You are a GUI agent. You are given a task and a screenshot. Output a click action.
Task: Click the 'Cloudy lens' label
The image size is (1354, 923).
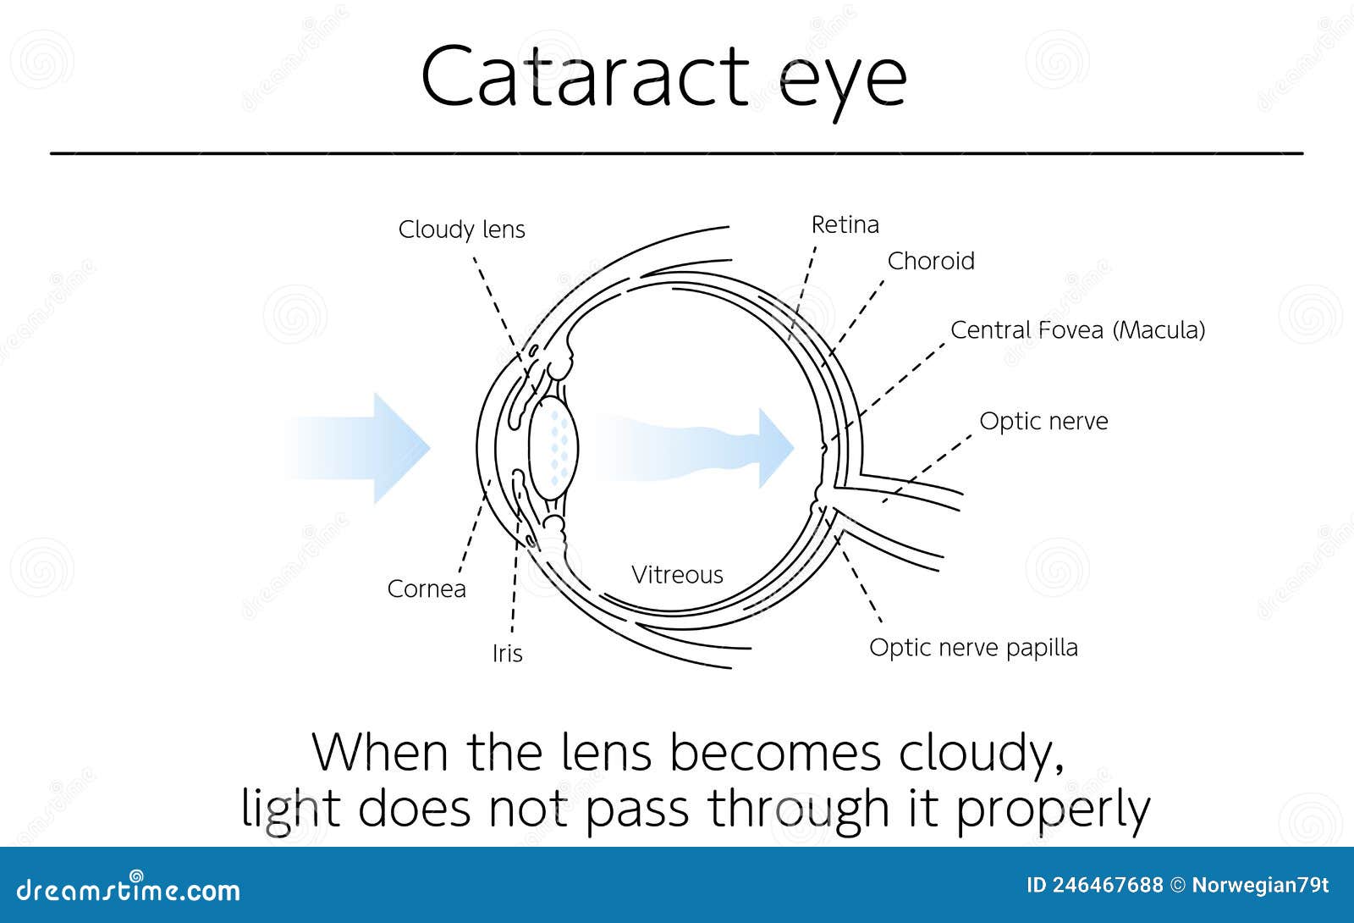(461, 229)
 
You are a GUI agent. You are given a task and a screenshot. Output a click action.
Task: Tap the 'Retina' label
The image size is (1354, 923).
(845, 224)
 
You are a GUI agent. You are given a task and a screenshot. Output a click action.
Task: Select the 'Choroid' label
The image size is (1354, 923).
(931, 261)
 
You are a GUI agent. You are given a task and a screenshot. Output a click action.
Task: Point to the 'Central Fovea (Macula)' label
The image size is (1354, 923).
(1077, 330)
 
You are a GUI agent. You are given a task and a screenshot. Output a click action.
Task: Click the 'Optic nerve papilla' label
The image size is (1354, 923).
(973, 648)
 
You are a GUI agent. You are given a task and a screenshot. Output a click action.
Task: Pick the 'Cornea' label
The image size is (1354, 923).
(427, 589)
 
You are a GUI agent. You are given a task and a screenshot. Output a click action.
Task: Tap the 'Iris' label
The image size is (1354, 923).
(508, 654)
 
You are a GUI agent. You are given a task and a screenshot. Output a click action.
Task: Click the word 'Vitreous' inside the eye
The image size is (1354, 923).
(677, 575)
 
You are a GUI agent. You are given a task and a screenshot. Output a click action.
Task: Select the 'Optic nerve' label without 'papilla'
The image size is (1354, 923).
(1043, 421)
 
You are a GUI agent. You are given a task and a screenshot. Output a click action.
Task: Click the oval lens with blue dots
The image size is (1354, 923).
(554, 445)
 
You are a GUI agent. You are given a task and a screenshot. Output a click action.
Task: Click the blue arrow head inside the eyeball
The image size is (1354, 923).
(773, 448)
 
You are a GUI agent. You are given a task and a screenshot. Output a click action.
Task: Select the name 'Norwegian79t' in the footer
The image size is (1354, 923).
(1260, 886)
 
